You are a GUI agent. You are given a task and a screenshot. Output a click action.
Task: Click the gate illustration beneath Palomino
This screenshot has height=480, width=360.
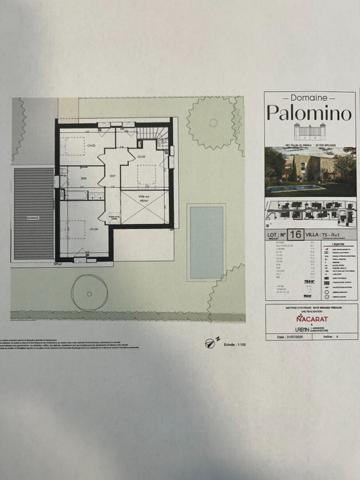pyautogui.click(x=310, y=131)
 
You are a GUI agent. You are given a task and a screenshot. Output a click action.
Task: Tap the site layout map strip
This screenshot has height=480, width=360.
pyautogui.click(x=310, y=211)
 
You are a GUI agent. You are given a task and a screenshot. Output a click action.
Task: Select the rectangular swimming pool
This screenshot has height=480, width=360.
pyautogui.click(x=206, y=241)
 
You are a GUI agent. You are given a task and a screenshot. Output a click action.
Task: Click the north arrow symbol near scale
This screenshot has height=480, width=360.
pyautogui.click(x=210, y=343)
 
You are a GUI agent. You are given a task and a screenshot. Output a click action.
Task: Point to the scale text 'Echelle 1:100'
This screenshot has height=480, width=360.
pyautogui.click(x=233, y=344)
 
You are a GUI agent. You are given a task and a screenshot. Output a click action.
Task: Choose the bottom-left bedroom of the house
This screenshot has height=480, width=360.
pyautogui.click(x=80, y=232)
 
